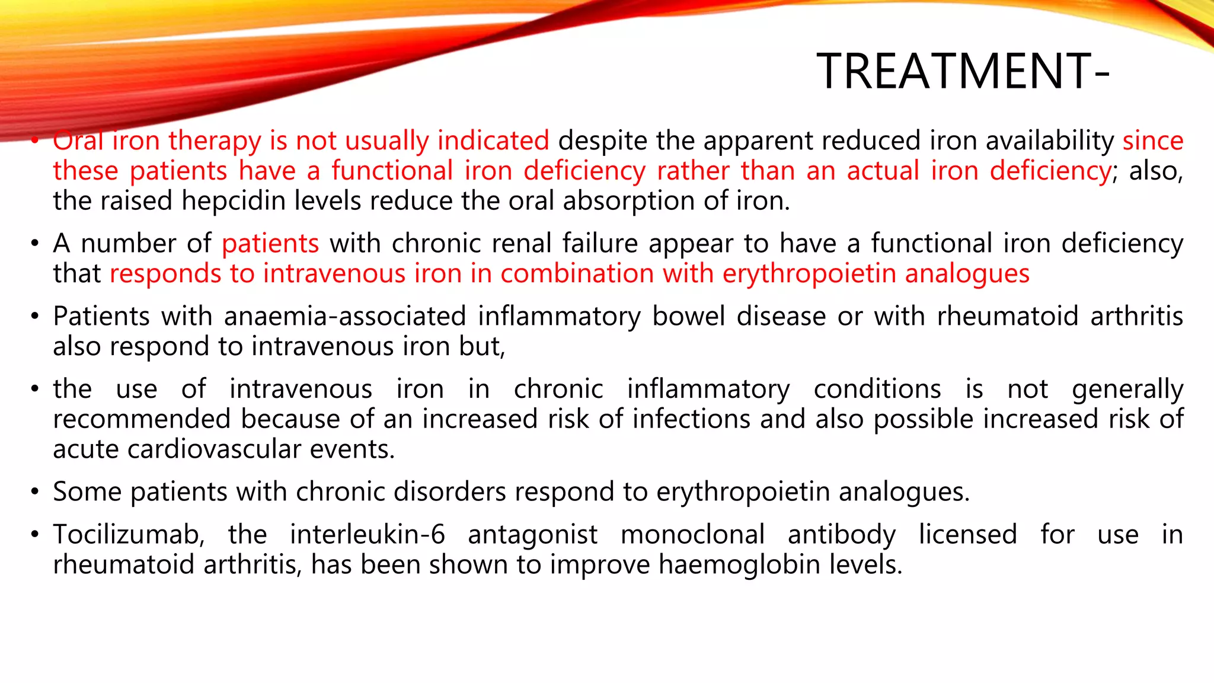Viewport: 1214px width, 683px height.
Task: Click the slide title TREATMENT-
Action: coord(963,71)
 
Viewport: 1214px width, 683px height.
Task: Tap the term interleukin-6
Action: coord(367,535)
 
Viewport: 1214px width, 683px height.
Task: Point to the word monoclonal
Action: coord(692,535)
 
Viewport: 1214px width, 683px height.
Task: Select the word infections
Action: coord(691,419)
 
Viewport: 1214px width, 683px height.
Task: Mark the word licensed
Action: coord(967,535)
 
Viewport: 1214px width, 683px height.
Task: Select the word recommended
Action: coord(142,419)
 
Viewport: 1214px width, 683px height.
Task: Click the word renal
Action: coord(522,244)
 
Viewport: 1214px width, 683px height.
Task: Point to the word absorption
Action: coord(628,202)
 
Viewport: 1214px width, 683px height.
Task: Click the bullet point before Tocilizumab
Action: coord(35,535)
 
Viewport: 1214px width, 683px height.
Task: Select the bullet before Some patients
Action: coord(35,492)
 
